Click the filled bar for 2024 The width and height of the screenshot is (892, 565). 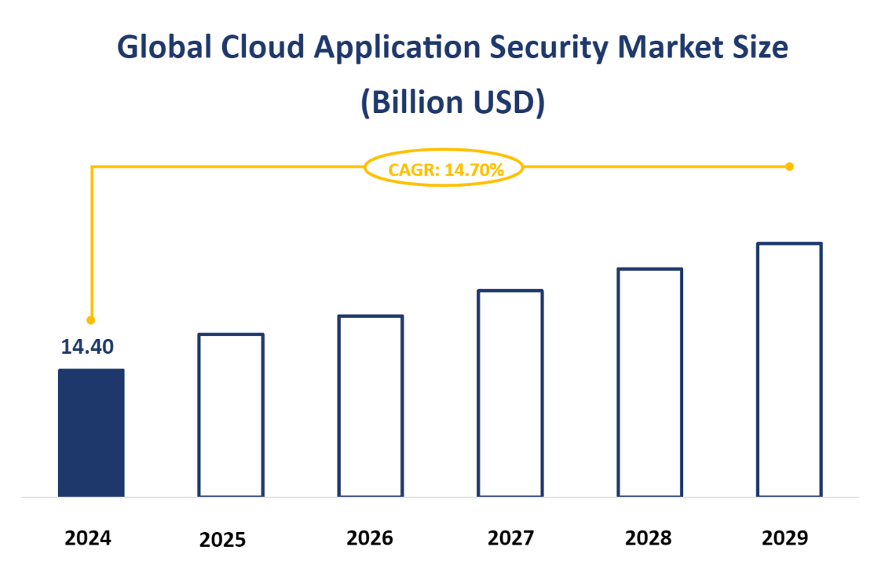[91, 432]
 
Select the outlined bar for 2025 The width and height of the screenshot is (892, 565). [230, 415]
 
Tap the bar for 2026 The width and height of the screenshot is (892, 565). [370, 406]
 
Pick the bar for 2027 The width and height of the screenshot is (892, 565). [510, 393]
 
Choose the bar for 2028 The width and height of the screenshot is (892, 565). [649, 382]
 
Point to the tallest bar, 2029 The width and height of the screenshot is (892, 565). [789, 370]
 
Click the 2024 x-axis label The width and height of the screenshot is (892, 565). [88, 538]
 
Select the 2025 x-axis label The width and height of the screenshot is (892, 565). [222, 540]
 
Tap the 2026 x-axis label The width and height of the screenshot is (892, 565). [370, 538]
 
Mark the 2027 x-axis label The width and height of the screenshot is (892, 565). [510, 538]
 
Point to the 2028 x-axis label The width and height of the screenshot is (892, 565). [649, 538]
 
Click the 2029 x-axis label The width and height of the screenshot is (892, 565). [784, 538]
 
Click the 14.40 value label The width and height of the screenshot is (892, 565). [88, 346]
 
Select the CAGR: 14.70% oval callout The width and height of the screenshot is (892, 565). [444, 168]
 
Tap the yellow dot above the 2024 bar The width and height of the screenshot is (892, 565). [91, 320]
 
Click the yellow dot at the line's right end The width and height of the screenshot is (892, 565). [789, 166]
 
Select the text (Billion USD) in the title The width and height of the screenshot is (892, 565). [452, 103]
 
